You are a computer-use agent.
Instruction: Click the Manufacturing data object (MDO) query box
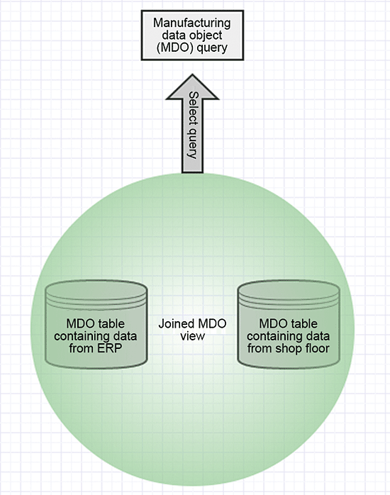coord(192,35)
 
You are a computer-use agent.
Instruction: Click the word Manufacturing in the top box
coord(192,23)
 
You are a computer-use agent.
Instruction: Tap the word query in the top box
coord(215,48)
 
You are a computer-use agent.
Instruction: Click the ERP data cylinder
coord(96,324)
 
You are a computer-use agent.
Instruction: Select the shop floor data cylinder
coord(289,324)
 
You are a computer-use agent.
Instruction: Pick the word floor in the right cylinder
coord(316,348)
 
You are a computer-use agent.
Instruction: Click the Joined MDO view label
coord(192,330)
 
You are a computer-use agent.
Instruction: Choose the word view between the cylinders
coord(192,337)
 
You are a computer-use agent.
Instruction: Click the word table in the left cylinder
coord(111,323)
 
